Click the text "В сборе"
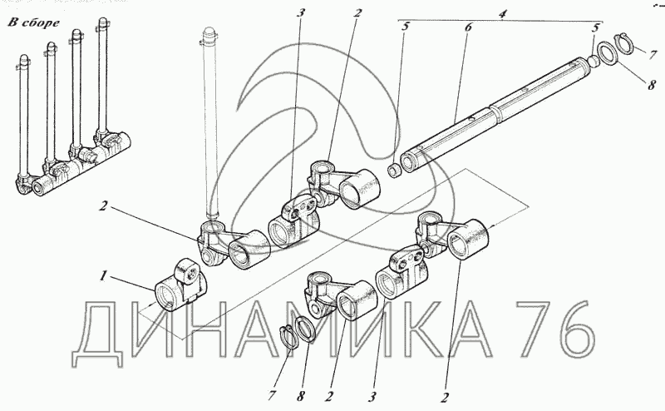point(34,23)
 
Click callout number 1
point(102,276)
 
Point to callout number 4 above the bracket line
point(503,13)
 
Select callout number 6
point(468,27)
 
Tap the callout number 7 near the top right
point(653,55)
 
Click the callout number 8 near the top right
point(651,85)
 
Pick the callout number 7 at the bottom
point(272,396)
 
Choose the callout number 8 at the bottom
point(300,397)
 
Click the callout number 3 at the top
point(301,12)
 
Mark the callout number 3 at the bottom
point(372,398)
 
